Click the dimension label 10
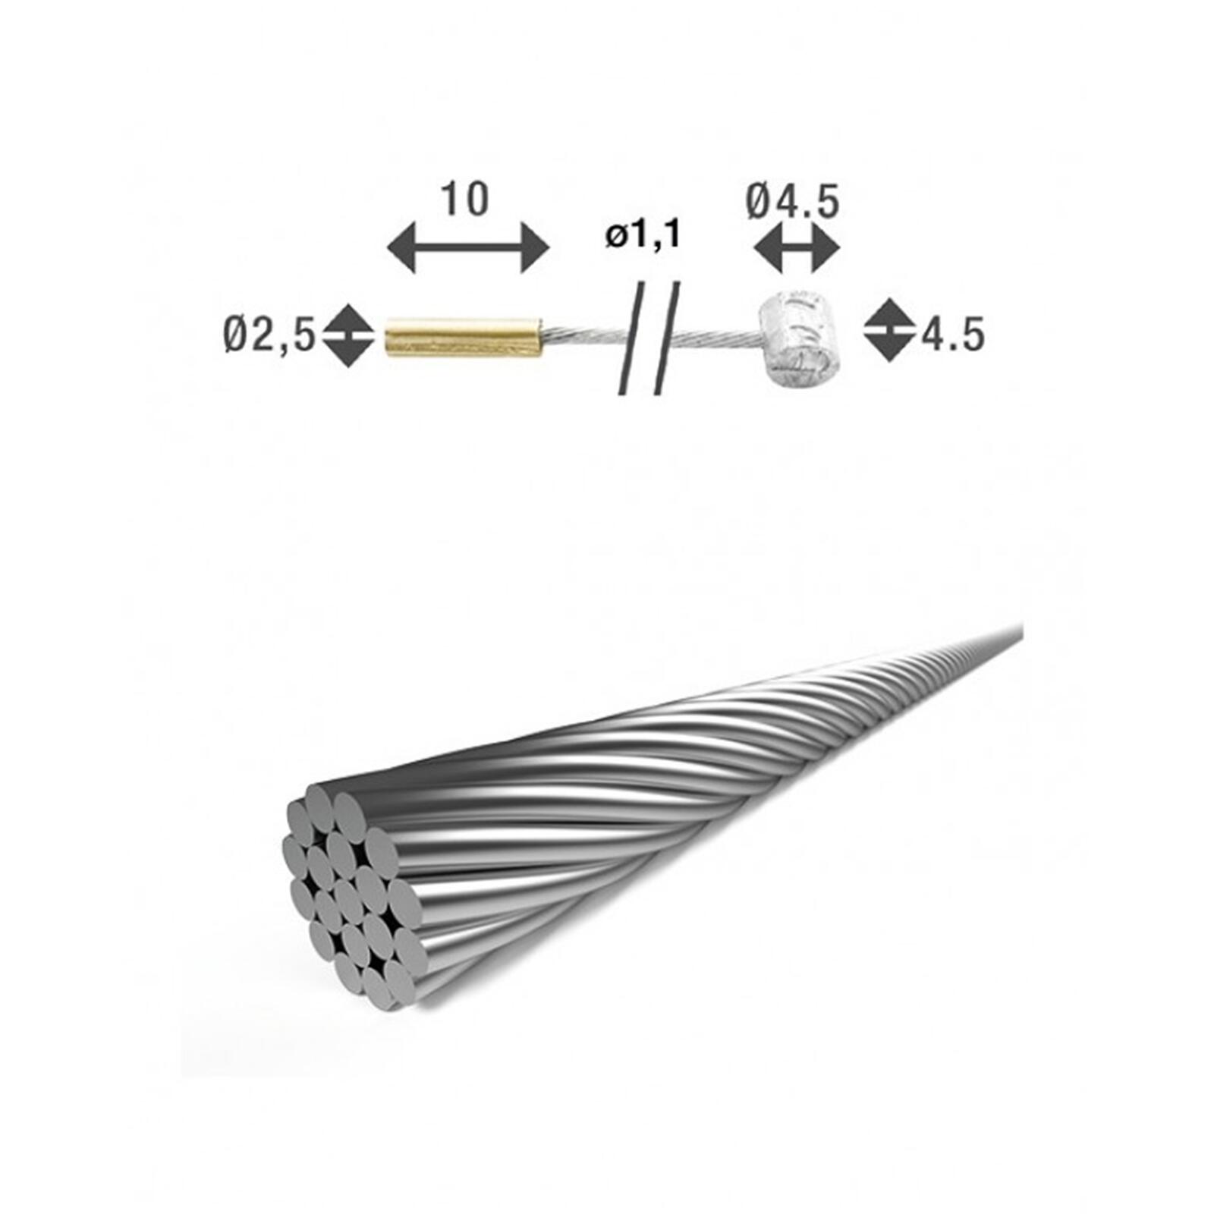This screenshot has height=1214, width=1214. (x=464, y=199)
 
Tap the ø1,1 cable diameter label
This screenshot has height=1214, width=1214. (x=643, y=235)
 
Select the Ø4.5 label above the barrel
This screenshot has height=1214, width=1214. (x=792, y=202)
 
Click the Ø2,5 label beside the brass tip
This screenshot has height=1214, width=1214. (x=269, y=335)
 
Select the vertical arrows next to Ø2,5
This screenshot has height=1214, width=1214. (x=348, y=335)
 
